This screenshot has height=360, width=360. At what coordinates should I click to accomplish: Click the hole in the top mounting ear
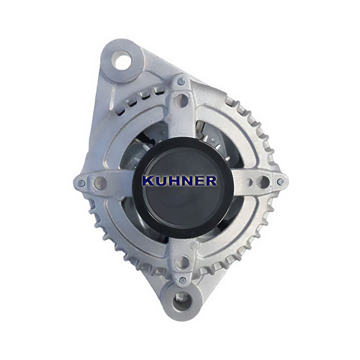(121, 61)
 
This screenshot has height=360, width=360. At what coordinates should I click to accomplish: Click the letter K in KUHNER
(149, 181)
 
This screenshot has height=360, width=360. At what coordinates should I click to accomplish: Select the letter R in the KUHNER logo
(210, 181)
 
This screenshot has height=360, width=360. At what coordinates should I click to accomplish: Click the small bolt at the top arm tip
(181, 81)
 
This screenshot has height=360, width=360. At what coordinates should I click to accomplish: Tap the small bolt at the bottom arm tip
(182, 280)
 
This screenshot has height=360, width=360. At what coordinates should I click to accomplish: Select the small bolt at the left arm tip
(82, 183)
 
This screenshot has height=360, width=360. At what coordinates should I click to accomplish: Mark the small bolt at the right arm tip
(280, 182)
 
